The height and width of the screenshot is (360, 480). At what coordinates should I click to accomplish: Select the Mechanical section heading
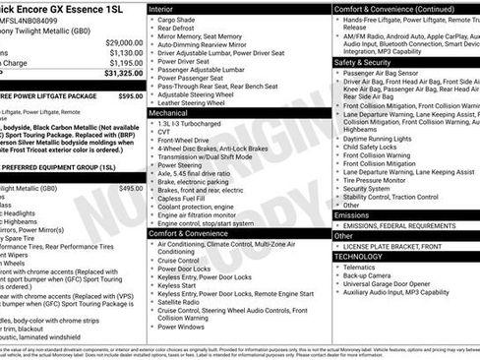click(x=169, y=113)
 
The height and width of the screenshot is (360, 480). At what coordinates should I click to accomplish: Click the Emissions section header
click(x=352, y=214)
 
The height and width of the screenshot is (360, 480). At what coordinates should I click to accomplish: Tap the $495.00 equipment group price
click(x=131, y=188)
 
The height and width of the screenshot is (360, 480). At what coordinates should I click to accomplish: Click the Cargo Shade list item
click(x=179, y=19)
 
